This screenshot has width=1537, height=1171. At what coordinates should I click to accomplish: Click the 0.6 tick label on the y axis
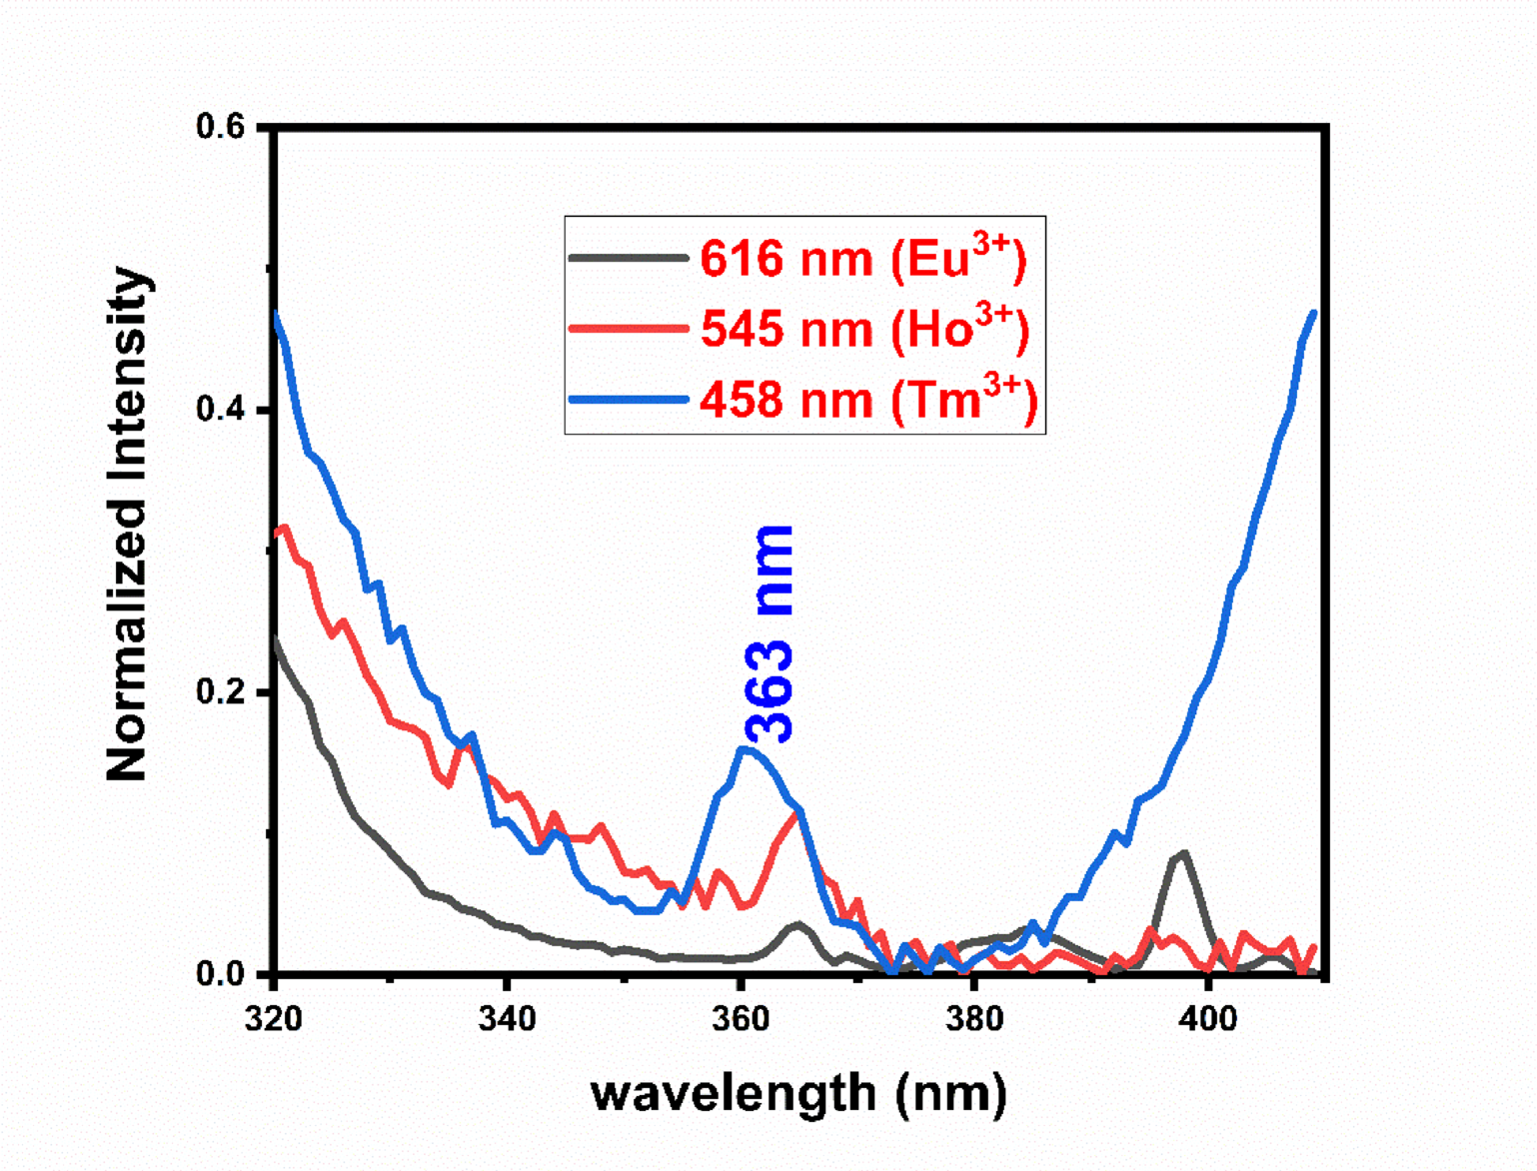coord(220,128)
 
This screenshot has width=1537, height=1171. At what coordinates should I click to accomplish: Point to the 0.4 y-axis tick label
coord(220,411)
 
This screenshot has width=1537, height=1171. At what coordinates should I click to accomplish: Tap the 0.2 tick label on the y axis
coord(220,692)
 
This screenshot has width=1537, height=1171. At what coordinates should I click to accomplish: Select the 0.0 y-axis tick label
coord(220,974)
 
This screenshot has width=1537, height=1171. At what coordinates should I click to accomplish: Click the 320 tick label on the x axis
coord(273,1019)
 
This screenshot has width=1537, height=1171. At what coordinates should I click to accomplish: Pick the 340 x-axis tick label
coord(507,1019)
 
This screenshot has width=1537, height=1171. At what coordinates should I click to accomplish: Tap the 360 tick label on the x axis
coord(741,1019)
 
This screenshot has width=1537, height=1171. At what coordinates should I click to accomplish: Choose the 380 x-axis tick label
coord(974,1019)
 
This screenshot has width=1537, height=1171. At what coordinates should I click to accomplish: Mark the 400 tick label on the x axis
coord(1208,1019)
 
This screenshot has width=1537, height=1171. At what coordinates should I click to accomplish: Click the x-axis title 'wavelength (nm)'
coord(798,1094)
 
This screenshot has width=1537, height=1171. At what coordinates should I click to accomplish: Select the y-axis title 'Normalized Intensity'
coord(128,524)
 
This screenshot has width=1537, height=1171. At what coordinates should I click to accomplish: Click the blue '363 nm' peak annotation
coord(770,633)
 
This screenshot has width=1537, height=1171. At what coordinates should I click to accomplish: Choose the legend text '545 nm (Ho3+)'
coord(864,328)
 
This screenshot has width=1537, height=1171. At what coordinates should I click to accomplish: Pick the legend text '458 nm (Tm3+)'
coord(868,399)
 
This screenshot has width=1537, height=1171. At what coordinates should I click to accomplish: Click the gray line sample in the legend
coord(628,258)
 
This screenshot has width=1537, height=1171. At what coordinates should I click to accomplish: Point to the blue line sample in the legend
coord(628,400)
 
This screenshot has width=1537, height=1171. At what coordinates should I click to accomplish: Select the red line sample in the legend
coord(628,328)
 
